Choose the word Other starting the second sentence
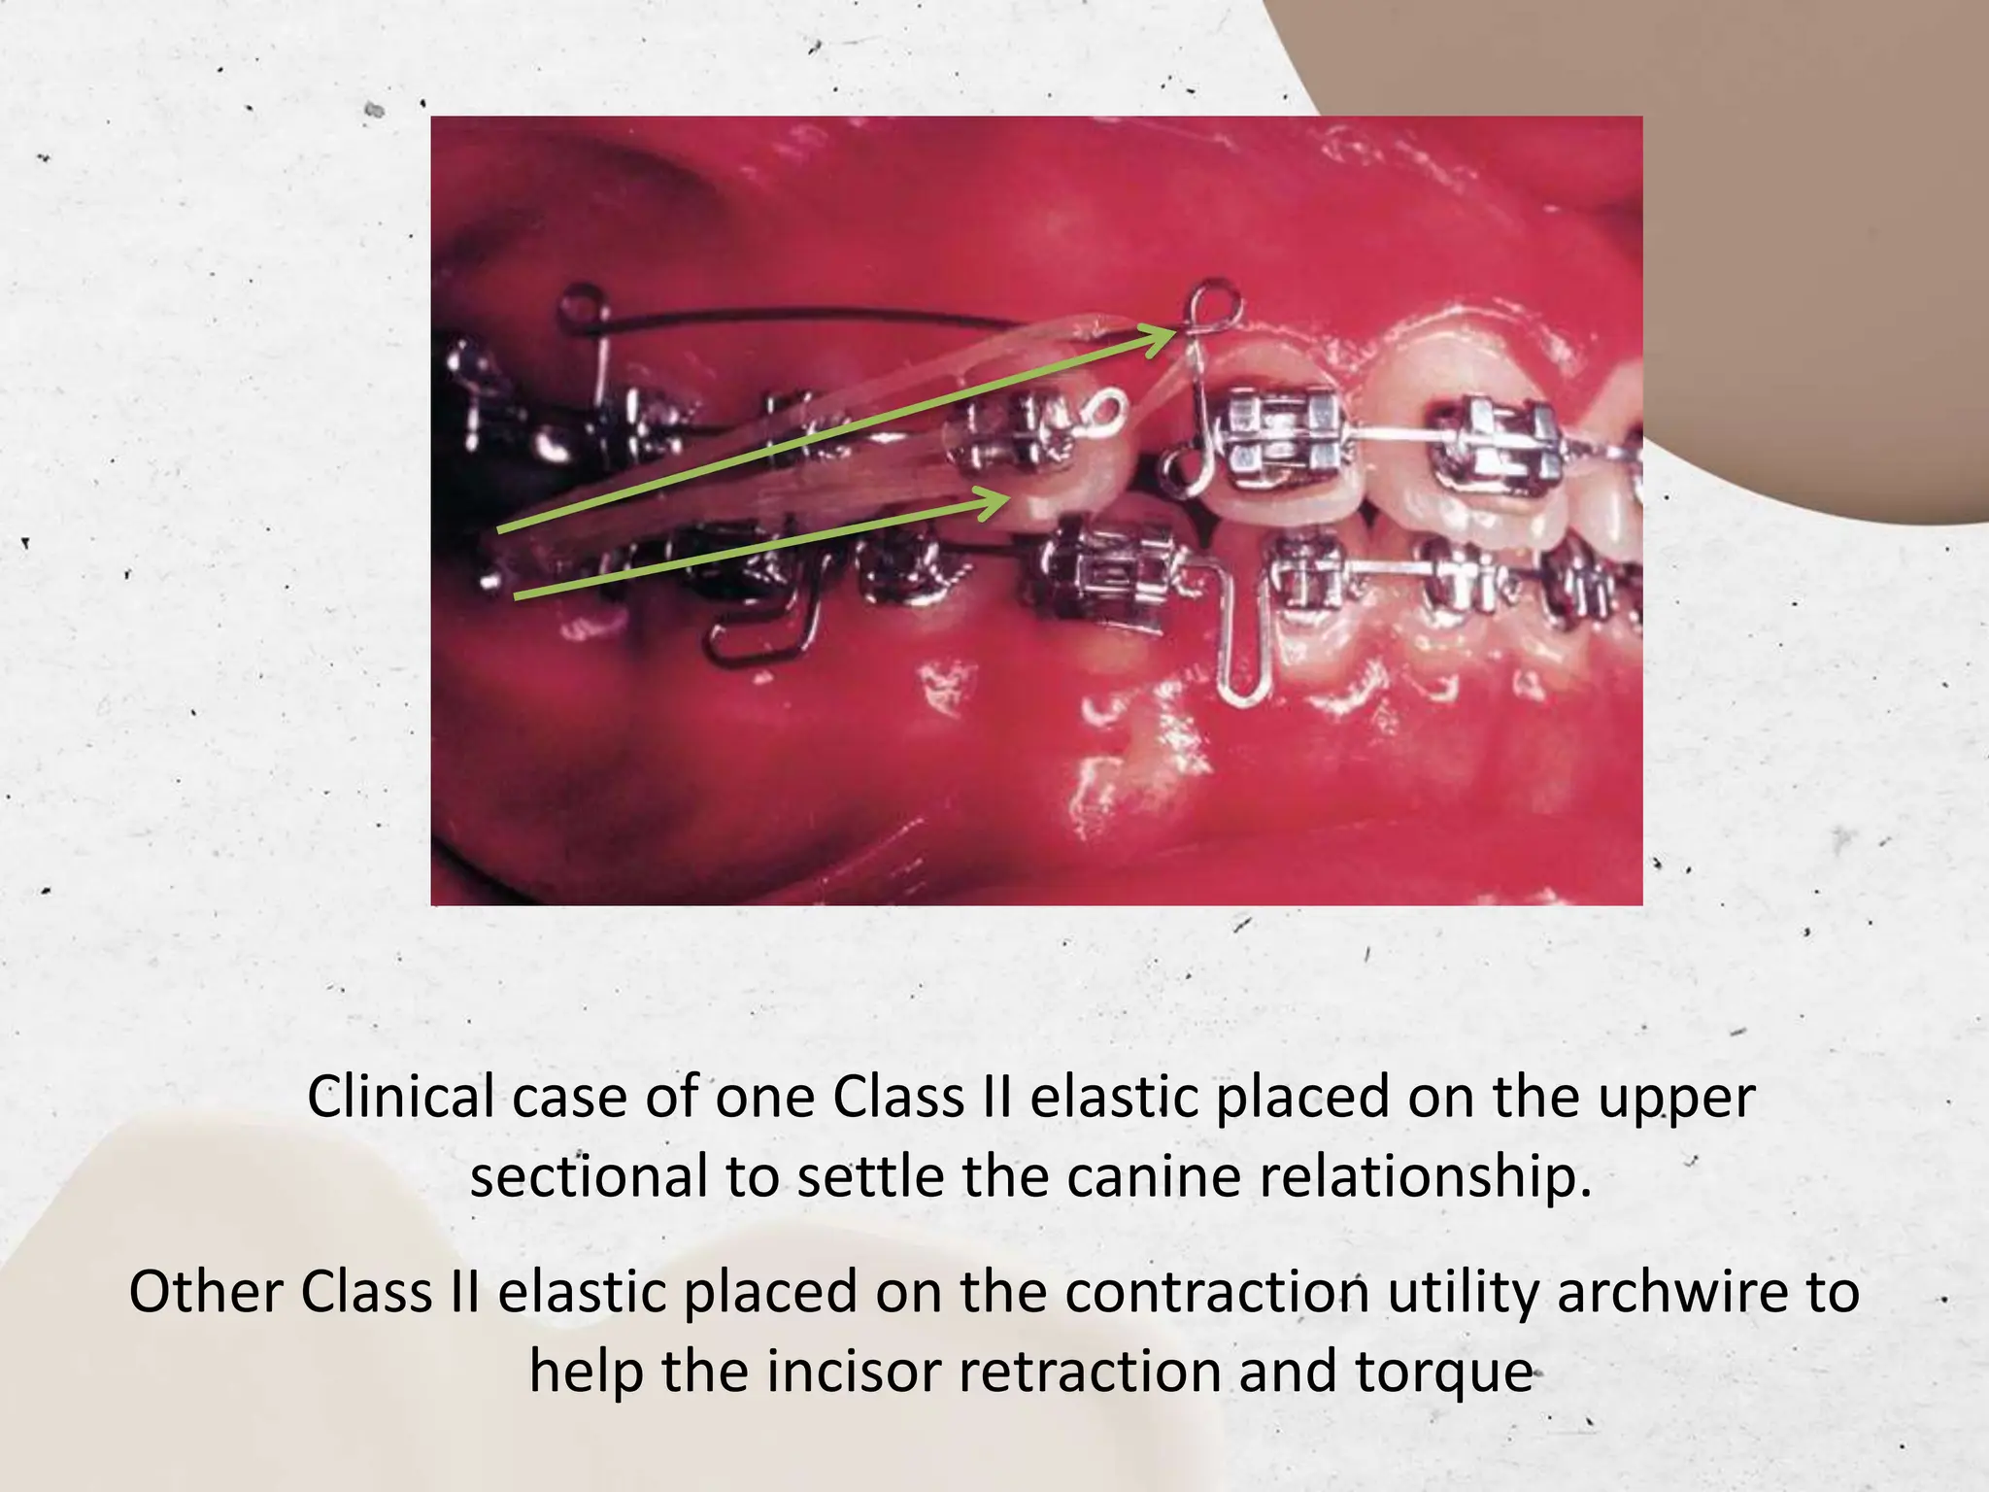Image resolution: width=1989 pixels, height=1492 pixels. coord(206,1293)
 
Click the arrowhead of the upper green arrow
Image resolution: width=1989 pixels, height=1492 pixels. coord(1166,335)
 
